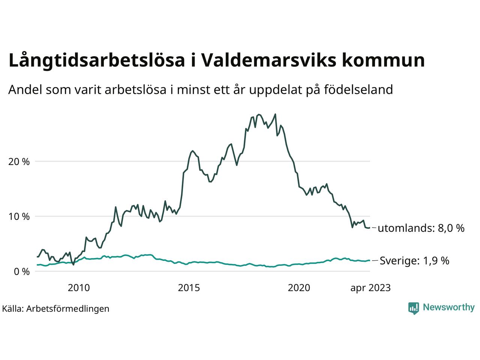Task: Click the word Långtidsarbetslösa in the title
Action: (97, 61)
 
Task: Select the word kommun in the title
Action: (383, 60)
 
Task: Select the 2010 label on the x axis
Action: (79, 288)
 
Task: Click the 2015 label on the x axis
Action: (189, 288)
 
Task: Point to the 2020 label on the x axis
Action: (299, 288)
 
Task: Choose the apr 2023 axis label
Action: (370, 288)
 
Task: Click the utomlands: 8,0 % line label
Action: (421, 228)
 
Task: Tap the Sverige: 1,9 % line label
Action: (414, 261)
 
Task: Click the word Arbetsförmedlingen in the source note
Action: (68, 309)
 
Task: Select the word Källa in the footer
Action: (12, 309)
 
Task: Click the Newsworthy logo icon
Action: (413, 308)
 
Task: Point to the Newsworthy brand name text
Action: (448, 307)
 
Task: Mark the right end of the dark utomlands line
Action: (370, 228)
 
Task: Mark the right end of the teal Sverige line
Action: (370, 260)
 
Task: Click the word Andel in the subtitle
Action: (25, 90)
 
